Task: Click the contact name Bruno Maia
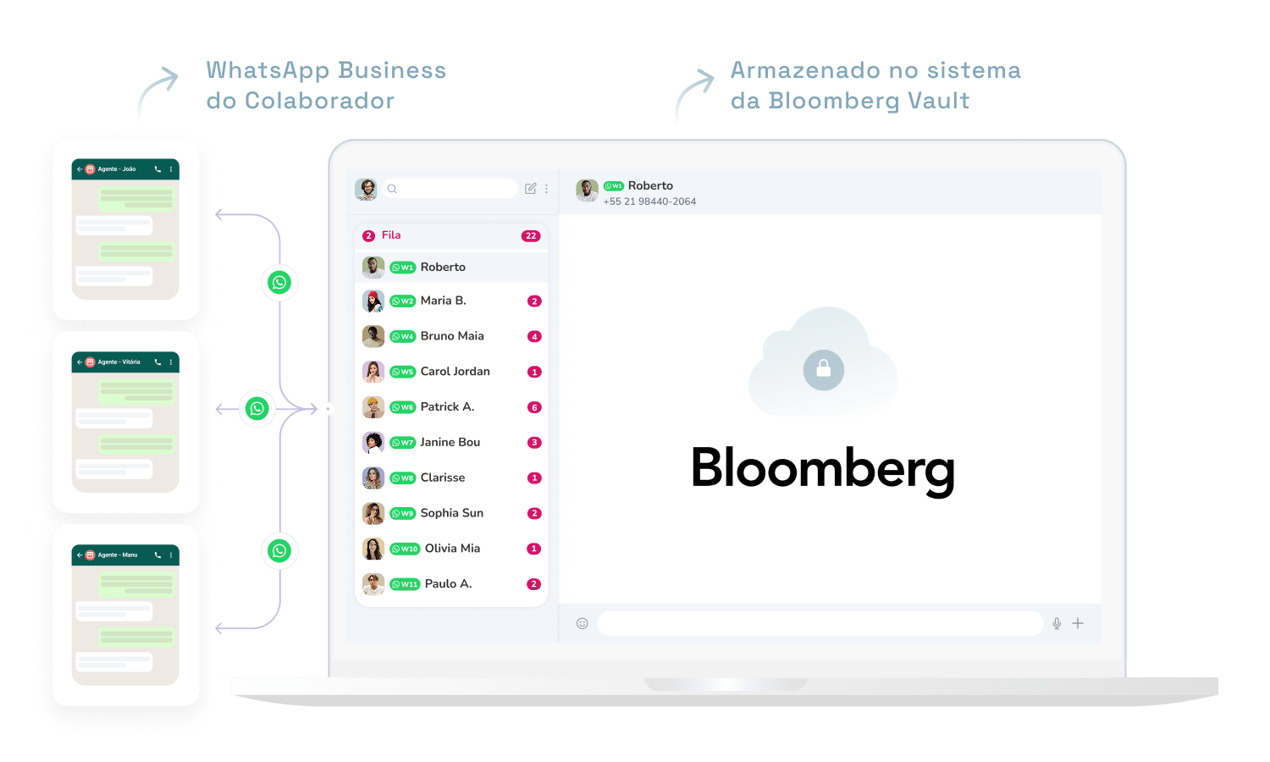[452, 336]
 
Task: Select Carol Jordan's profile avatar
[373, 372]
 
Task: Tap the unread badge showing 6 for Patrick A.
[534, 407]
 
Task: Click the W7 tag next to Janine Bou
[402, 443]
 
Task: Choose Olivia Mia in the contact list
[452, 549]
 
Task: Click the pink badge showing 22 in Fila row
[531, 236]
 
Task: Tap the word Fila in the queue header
[391, 235]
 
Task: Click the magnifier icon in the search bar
[392, 189]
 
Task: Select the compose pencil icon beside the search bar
[531, 189]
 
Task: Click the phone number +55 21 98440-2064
[649, 202]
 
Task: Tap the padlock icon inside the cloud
[823, 369]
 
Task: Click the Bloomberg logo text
[822, 468]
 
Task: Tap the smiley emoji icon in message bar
[583, 624]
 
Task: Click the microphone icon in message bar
[1057, 624]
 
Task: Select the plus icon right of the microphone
[1078, 624]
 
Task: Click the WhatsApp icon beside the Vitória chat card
[257, 409]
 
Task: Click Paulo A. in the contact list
[448, 584]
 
